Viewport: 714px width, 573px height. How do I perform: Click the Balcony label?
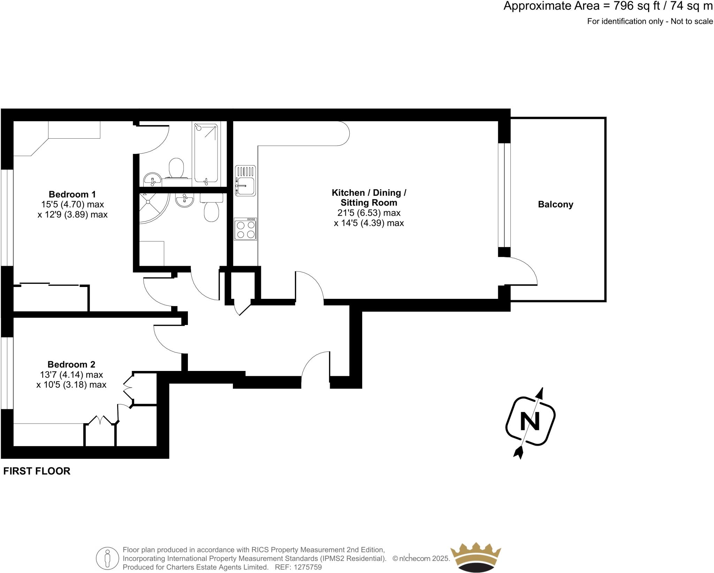pyautogui.click(x=555, y=204)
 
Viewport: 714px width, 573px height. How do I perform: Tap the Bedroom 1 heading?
pyautogui.click(x=72, y=194)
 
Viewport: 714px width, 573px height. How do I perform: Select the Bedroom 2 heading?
pyautogui.click(x=71, y=364)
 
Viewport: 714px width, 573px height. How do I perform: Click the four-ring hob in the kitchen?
pyautogui.click(x=245, y=229)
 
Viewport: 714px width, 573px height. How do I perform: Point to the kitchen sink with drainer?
pyautogui.click(x=245, y=180)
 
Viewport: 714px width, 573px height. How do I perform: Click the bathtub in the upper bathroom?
pyautogui.click(x=206, y=153)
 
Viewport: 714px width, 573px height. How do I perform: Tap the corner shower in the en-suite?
pyautogui.click(x=152, y=208)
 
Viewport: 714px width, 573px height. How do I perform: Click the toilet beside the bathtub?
pyautogui.click(x=176, y=168)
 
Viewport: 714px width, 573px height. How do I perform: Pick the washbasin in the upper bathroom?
pyautogui.click(x=152, y=179)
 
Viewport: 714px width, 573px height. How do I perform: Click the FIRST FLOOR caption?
pyautogui.click(x=37, y=471)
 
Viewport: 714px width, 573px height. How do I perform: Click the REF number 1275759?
pyautogui.click(x=308, y=567)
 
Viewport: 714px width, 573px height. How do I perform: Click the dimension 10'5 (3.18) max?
pyautogui.click(x=71, y=385)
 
